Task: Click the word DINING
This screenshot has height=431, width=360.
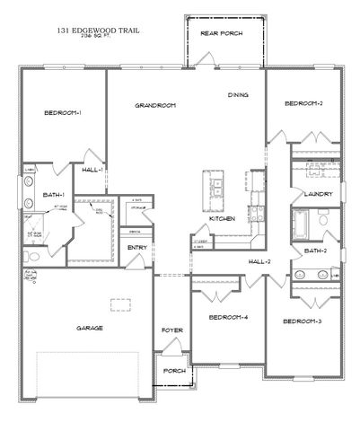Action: point(237,93)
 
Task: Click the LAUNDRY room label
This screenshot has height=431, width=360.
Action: point(319,193)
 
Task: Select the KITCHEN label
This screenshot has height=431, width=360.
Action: point(222,218)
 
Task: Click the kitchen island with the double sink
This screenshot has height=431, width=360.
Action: point(215,184)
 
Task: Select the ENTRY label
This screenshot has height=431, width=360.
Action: point(137,247)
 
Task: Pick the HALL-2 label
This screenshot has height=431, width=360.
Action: point(260,261)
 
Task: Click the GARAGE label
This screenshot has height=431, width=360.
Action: point(89,328)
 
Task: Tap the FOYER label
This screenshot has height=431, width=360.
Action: point(171,330)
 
